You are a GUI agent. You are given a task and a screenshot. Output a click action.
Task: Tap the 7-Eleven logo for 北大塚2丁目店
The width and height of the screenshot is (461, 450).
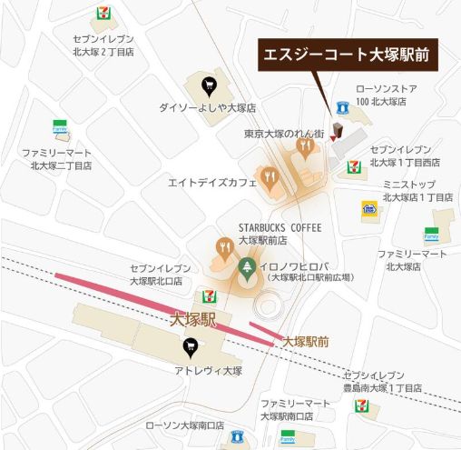103,14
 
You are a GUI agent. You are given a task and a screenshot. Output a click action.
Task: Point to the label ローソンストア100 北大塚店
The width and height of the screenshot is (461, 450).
381,95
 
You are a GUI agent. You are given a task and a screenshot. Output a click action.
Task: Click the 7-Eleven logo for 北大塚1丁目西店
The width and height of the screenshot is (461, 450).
355,165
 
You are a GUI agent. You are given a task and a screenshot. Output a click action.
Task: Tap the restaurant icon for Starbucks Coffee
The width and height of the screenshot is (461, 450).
224,245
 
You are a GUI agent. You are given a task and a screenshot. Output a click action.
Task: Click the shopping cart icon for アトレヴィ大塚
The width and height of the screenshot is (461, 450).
191,345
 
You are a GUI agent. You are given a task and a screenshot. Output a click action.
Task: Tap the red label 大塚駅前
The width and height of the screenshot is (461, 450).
305,342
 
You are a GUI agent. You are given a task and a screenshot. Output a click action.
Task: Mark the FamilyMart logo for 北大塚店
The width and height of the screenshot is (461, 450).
431,235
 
